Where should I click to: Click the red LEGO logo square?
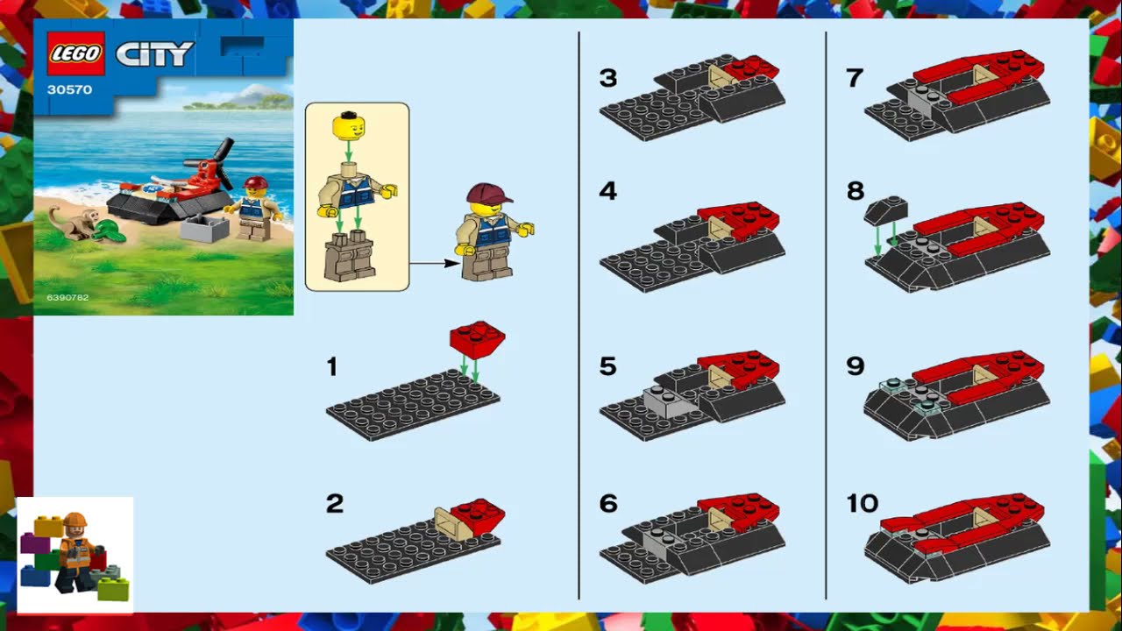coord(75,54)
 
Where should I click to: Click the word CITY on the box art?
coord(154,54)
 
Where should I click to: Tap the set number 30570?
coord(70,89)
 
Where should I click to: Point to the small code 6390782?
coord(61,298)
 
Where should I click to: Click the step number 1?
coord(331,367)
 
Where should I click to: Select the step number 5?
coord(608,365)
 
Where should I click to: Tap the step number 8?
coord(856,190)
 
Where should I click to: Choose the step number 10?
coord(862,503)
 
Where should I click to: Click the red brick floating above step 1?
coord(477,337)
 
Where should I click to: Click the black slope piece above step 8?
coord(885,210)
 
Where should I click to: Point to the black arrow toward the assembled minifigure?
coord(435,262)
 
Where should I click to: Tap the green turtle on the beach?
coord(110,230)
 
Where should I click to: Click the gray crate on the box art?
coord(203,229)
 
